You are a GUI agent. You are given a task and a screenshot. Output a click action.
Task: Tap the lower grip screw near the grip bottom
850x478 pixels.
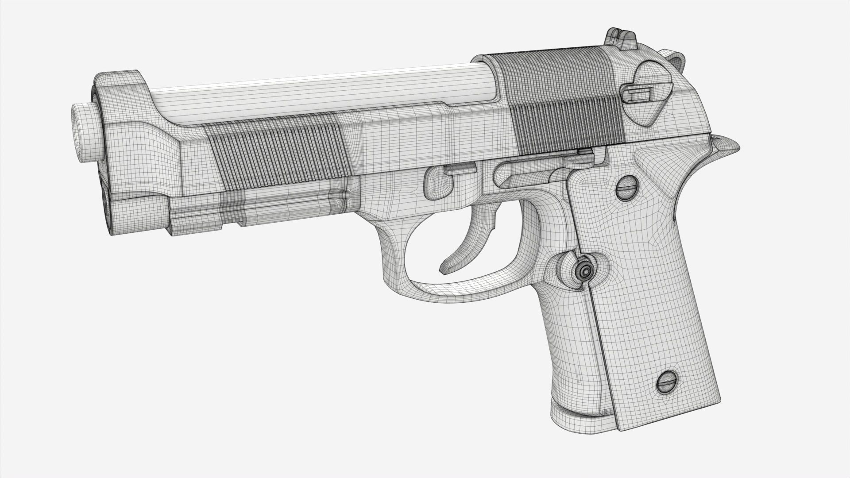(666, 382)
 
